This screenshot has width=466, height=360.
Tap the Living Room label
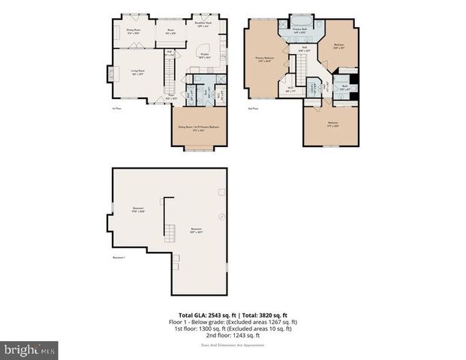[137, 73]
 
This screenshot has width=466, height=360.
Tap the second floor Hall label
[305, 49]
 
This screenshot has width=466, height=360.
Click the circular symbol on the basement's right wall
[221, 217]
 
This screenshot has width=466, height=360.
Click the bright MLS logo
[29, 349]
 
